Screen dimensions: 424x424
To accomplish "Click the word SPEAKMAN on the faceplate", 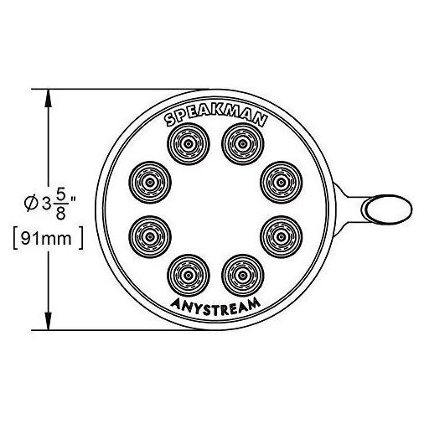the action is [x=215, y=117].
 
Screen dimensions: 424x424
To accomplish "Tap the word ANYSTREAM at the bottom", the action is [x=215, y=307].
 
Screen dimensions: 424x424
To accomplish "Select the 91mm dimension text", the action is [x=46, y=239].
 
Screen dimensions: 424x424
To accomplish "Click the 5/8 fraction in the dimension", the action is [x=60, y=206].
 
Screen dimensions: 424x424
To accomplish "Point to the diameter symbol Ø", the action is [x=31, y=204].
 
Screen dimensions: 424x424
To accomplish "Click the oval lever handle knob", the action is [x=386, y=209].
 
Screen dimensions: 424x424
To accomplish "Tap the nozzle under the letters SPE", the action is [x=189, y=144].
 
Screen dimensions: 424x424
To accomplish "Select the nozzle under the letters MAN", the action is [x=242, y=144].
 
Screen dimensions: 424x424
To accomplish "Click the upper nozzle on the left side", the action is [x=150, y=183].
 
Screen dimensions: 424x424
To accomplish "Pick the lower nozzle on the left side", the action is [x=150, y=237].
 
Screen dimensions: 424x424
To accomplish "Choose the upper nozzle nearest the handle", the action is [x=281, y=183].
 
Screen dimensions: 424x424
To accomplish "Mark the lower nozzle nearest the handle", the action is [x=281, y=237].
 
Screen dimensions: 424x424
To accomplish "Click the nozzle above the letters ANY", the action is [x=189, y=276].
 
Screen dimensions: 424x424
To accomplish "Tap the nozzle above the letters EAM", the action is [x=242, y=276].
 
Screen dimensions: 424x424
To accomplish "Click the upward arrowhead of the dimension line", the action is [x=49, y=98].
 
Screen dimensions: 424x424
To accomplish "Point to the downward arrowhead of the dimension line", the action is [x=49, y=321].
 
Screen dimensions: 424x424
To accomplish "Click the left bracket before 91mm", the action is [x=15, y=238].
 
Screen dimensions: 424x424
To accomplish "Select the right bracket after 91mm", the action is [x=81, y=238].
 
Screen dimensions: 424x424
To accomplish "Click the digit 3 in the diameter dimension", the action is [x=45, y=204].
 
